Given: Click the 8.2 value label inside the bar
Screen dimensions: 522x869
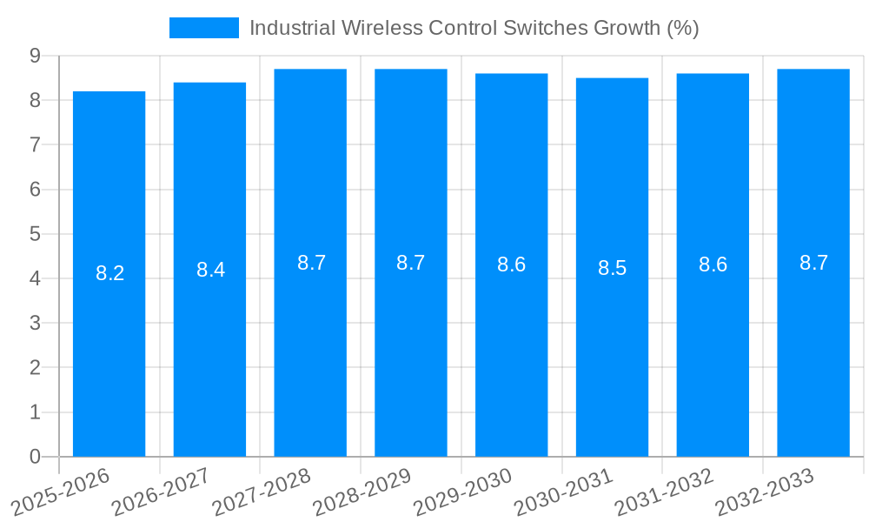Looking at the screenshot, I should [109, 273].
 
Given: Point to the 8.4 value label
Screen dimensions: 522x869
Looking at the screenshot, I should [210, 270].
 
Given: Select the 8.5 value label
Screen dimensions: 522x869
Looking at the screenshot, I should [612, 268].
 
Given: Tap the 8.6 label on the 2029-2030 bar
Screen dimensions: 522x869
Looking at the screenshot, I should [511, 264].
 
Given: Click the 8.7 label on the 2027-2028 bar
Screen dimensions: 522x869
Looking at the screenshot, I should [311, 263].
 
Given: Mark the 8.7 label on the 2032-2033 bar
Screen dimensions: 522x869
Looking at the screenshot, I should [813, 263].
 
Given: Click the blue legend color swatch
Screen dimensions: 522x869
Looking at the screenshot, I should [203, 28].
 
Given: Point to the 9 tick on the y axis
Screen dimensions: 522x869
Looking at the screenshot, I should [35, 56].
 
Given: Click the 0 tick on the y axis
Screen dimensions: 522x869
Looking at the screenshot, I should [35, 457].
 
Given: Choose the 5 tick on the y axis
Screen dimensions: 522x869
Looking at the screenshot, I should [35, 234].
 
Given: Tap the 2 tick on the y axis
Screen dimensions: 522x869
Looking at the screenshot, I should [35, 368].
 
